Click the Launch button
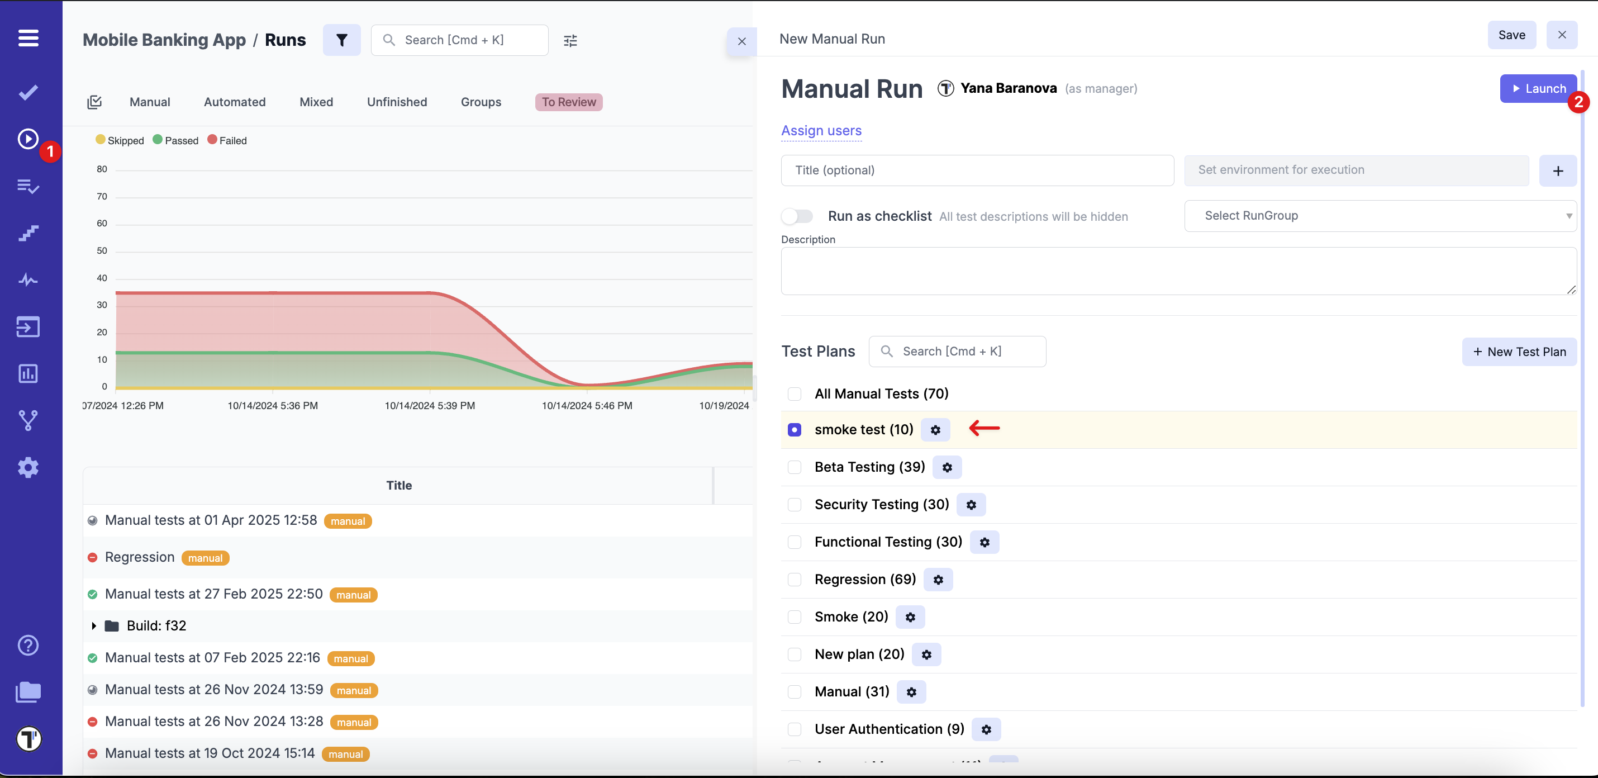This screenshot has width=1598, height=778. click(1538, 89)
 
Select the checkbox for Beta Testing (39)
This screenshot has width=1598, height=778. click(794, 467)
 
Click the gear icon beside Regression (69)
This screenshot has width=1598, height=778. click(938, 580)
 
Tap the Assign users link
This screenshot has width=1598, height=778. click(821, 131)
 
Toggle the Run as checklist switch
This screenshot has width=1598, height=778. click(797, 216)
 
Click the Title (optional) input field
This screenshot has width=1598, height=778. click(977, 170)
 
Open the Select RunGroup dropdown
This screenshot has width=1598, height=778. click(1380, 216)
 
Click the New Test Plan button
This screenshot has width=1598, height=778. click(1519, 352)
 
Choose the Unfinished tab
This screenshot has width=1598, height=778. click(396, 102)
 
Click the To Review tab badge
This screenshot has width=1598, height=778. click(568, 102)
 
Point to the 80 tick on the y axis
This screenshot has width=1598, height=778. click(102, 169)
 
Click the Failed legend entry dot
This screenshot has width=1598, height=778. click(212, 140)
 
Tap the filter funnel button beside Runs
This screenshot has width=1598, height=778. click(341, 40)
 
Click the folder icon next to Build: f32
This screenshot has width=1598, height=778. click(112, 625)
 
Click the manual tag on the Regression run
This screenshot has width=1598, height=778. click(204, 558)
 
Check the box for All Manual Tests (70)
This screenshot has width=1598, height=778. click(794, 394)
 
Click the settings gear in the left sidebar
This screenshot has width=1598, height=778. click(28, 467)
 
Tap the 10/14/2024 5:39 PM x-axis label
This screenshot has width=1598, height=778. click(429, 406)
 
